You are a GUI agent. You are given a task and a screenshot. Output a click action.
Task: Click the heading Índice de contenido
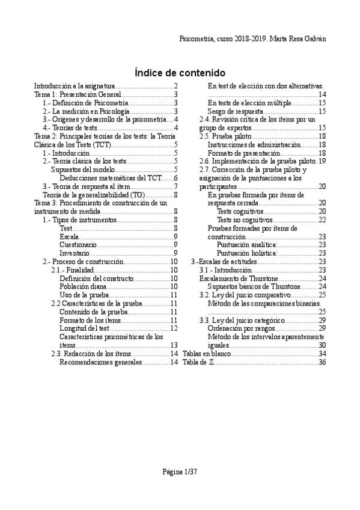tap(180, 72)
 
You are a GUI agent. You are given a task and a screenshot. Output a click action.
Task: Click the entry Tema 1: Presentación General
tap(78, 95)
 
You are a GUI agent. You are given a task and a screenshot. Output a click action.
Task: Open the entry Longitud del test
tap(85, 328)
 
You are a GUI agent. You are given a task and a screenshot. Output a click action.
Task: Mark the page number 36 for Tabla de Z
tap(322, 362)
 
